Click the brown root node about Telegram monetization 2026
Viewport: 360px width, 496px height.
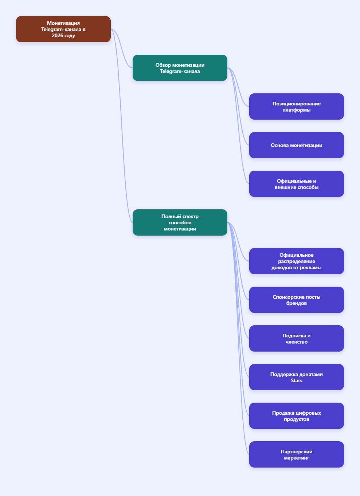click(63, 29)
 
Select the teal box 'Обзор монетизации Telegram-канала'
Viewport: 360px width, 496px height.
click(180, 68)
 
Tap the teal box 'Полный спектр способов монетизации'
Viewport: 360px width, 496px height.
click(180, 222)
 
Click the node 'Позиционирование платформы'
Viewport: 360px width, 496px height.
click(297, 106)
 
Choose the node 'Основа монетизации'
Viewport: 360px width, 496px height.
click(297, 145)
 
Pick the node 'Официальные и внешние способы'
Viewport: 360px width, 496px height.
click(297, 184)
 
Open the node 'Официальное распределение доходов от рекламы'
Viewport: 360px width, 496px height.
click(297, 261)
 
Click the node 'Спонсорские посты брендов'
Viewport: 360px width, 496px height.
click(297, 300)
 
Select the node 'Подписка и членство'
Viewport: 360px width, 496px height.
click(297, 338)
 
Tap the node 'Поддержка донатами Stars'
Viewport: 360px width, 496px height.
click(297, 377)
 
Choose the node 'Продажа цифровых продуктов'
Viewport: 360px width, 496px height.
click(297, 416)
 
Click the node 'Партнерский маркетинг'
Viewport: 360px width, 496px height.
click(297, 454)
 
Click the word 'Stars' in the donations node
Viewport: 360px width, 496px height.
click(297, 380)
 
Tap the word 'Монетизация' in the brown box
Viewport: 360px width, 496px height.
click(63, 23)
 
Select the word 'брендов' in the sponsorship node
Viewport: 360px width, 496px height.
click(297, 303)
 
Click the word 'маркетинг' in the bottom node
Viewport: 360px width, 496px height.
click(297, 458)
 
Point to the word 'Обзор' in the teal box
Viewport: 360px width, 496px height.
click(163, 65)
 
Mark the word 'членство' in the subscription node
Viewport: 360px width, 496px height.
click(297, 342)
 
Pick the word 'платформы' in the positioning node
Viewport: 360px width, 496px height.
click(297, 110)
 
